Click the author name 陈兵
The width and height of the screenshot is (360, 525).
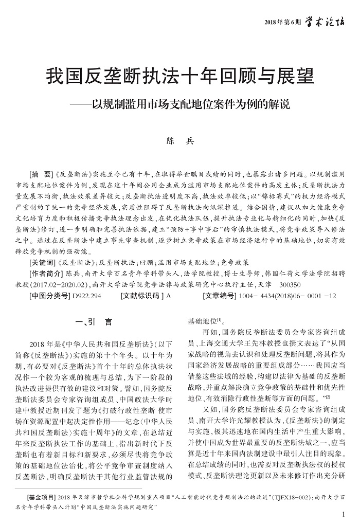[x=179, y=139]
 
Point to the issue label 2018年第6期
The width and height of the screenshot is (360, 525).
[x=282, y=22]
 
